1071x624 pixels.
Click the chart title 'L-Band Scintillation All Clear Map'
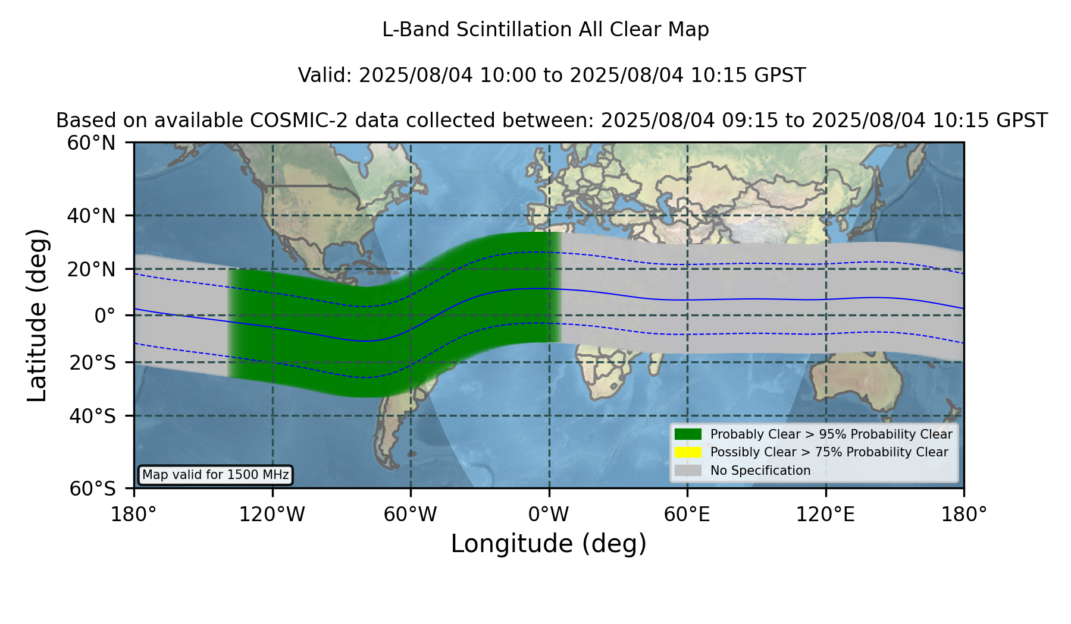point(546,30)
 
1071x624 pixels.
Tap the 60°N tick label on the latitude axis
point(92,143)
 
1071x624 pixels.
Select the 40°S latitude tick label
point(92,416)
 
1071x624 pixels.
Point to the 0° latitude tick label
point(105,316)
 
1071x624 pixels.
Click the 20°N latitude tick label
point(92,269)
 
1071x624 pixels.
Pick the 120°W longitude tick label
point(272,515)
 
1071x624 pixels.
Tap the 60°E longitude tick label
point(687,515)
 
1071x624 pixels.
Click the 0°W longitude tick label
point(549,515)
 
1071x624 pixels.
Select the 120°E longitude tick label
point(825,515)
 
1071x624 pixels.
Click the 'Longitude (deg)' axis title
point(549,544)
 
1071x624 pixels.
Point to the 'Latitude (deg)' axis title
point(37,315)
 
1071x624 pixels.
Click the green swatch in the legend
point(688,434)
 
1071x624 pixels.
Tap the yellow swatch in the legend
point(688,452)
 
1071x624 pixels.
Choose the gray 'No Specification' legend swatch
point(688,471)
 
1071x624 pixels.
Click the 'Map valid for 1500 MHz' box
point(215,475)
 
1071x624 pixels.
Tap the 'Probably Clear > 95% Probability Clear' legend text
point(831,434)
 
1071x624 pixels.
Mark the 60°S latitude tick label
point(92,489)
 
